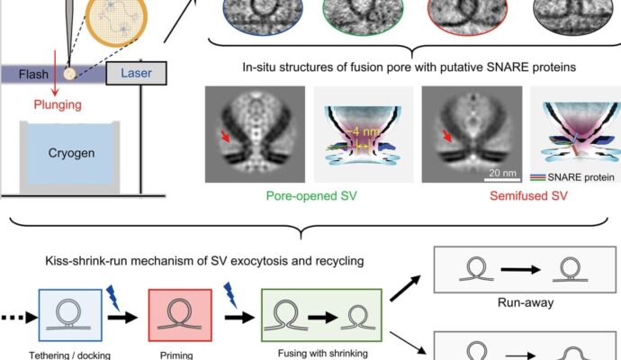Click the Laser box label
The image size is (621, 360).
(136, 73)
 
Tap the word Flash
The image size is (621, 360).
(33, 74)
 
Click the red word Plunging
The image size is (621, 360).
(58, 104)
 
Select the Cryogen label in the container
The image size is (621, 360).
(71, 153)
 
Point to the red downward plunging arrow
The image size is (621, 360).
(55, 73)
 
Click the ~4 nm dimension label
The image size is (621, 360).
(360, 132)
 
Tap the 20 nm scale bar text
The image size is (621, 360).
(502, 173)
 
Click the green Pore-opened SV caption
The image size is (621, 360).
(311, 195)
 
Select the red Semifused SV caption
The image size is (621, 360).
(528, 195)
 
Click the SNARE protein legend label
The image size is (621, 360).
(581, 177)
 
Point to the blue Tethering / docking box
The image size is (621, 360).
(70, 315)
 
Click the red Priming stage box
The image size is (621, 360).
(180, 315)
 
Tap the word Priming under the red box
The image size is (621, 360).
(176, 355)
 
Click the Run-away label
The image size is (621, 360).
(526, 302)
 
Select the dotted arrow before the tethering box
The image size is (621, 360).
(19, 317)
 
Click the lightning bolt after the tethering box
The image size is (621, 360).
(113, 298)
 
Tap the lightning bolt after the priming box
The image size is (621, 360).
(230, 295)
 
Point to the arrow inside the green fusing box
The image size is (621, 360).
(323, 317)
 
